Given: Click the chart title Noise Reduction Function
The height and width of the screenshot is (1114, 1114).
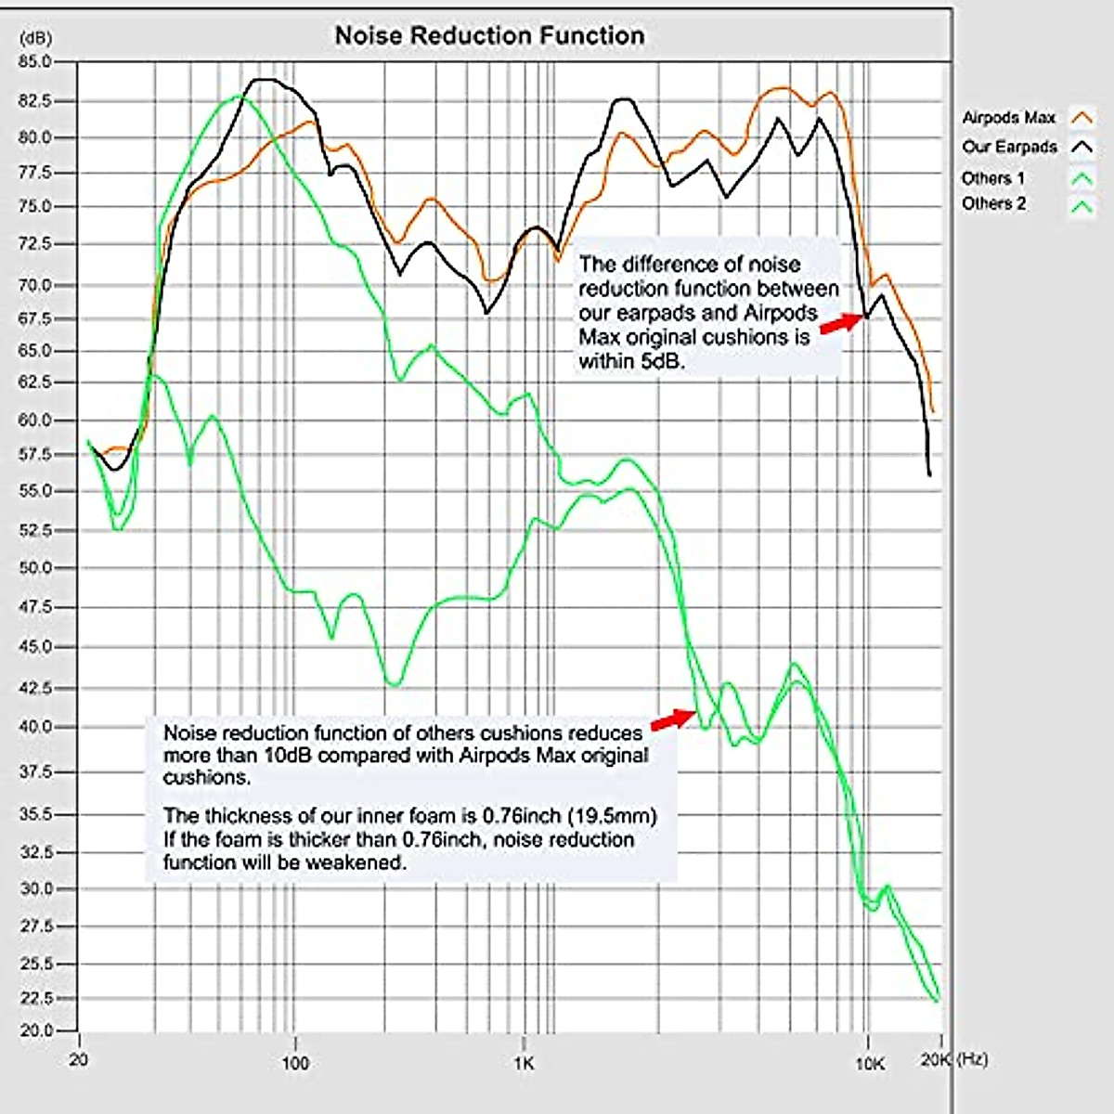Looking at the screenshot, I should [489, 36].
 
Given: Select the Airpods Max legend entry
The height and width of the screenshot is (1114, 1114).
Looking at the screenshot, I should [1009, 118].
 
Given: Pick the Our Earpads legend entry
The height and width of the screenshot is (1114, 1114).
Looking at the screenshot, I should [1010, 147].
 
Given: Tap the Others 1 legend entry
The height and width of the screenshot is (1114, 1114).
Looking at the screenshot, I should [993, 178].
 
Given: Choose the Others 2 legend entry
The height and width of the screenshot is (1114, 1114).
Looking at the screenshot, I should [993, 203].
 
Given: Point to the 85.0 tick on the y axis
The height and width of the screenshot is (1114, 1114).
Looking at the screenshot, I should [34, 62].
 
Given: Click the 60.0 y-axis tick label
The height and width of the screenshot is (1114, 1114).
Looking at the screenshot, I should [34, 420].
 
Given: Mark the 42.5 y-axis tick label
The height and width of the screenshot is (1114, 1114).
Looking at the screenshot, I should [34, 688].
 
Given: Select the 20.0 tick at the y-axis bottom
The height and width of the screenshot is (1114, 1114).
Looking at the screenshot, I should [34, 1030].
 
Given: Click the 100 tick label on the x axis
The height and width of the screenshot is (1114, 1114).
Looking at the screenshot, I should [294, 1062].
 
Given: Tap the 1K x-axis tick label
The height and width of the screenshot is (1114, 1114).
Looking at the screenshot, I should [524, 1064].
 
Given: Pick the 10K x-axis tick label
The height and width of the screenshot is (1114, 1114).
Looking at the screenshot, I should [869, 1064].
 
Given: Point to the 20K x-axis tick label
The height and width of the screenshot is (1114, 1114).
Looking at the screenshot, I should [936, 1060].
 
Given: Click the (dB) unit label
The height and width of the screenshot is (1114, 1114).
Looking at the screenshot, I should [36, 38].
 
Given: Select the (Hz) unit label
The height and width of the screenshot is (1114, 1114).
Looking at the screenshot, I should [972, 1059].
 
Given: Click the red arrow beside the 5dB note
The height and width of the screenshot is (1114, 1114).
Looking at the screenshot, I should [841, 322].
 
